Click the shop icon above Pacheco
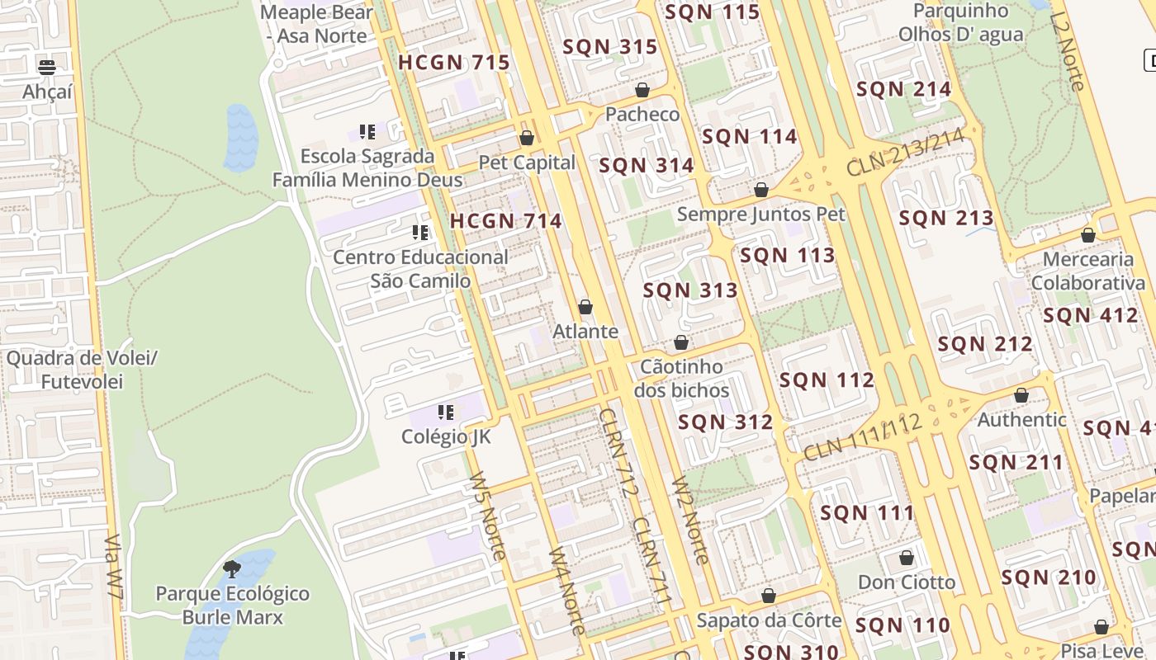pos(642,90)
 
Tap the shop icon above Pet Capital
pos(527,138)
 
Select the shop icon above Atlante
pos(585,308)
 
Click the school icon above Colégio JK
pos(446,412)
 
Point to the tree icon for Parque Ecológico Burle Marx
pos(232,568)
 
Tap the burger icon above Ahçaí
pos(47,67)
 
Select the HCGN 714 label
pos(505,221)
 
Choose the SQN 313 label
pos(690,290)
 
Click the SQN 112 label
pos(827,380)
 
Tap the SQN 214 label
pos(903,89)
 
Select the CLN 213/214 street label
pos(905,153)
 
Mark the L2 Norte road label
pos(1067,51)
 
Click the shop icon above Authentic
pos(1021,396)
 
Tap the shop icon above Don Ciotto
pos(907,559)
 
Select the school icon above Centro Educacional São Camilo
pos(420,233)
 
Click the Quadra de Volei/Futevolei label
pos(82,370)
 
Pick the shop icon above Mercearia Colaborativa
pos(1088,236)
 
